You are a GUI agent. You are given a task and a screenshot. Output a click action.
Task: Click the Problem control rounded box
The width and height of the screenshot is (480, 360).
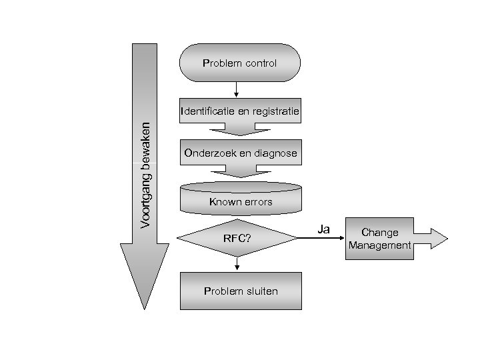240,63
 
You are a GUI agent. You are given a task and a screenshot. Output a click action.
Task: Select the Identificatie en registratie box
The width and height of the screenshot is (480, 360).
240,111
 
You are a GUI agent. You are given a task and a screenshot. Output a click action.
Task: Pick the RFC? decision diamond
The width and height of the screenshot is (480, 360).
237,238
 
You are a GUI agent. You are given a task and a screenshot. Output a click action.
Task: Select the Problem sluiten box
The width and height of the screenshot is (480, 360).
241,291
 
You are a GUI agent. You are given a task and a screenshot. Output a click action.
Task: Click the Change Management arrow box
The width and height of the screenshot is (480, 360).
379,239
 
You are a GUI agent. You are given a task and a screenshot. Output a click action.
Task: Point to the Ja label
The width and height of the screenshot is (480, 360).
324,229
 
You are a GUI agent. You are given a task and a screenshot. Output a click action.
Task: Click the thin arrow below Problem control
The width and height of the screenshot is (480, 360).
237,89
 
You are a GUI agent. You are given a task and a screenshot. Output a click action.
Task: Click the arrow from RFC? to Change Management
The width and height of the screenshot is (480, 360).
320,239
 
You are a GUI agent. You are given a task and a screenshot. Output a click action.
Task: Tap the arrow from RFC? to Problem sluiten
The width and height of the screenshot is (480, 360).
237,265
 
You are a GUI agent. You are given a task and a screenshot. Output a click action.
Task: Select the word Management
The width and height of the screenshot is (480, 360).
379,245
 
